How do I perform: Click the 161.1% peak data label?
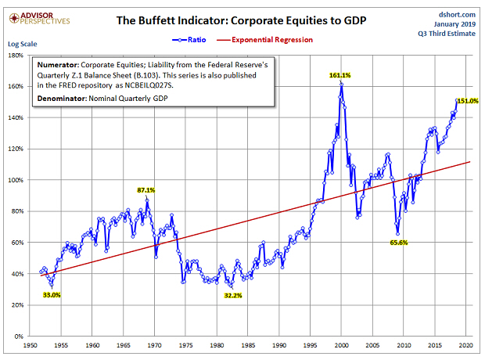pyautogui.click(x=339, y=74)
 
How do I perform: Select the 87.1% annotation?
pyautogui.click(x=146, y=190)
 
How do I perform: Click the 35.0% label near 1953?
pyautogui.click(x=51, y=295)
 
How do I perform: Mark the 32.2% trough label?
pyautogui.click(x=233, y=296)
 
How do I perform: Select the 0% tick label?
pyautogui.click(x=16, y=337)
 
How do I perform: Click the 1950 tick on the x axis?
pyautogui.click(x=31, y=345)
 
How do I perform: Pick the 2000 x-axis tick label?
pyautogui.click(x=342, y=345)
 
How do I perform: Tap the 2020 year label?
pyautogui.click(x=466, y=345)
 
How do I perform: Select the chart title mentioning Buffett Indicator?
pyautogui.click(x=242, y=20)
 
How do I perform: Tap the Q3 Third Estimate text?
pyautogui.click(x=450, y=34)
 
